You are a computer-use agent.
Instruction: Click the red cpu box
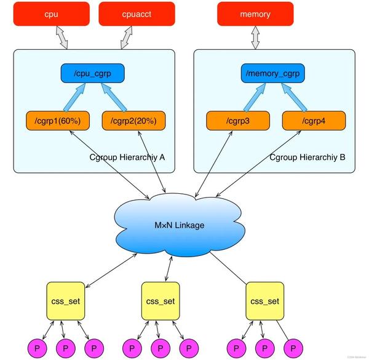pos(51,14)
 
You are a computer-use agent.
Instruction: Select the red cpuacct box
pos(136,14)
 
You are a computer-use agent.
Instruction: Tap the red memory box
pos(255,14)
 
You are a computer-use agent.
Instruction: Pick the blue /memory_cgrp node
pos(273,74)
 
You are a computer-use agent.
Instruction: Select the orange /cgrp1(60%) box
pos(57,119)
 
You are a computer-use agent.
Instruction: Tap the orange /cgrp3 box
pos(236,119)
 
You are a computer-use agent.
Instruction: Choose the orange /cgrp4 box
pos(312,119)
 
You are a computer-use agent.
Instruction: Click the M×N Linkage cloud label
pos(179,225)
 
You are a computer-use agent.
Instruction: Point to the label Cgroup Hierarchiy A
pos(127,157)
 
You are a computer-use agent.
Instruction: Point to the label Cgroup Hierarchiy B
pos(307,157)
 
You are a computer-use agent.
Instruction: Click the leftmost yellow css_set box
pos(66,302)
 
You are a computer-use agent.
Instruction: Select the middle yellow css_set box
pos(161,302)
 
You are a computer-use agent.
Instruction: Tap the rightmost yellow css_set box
pos(265,302)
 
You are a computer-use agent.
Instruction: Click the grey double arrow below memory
pos(255,38)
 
